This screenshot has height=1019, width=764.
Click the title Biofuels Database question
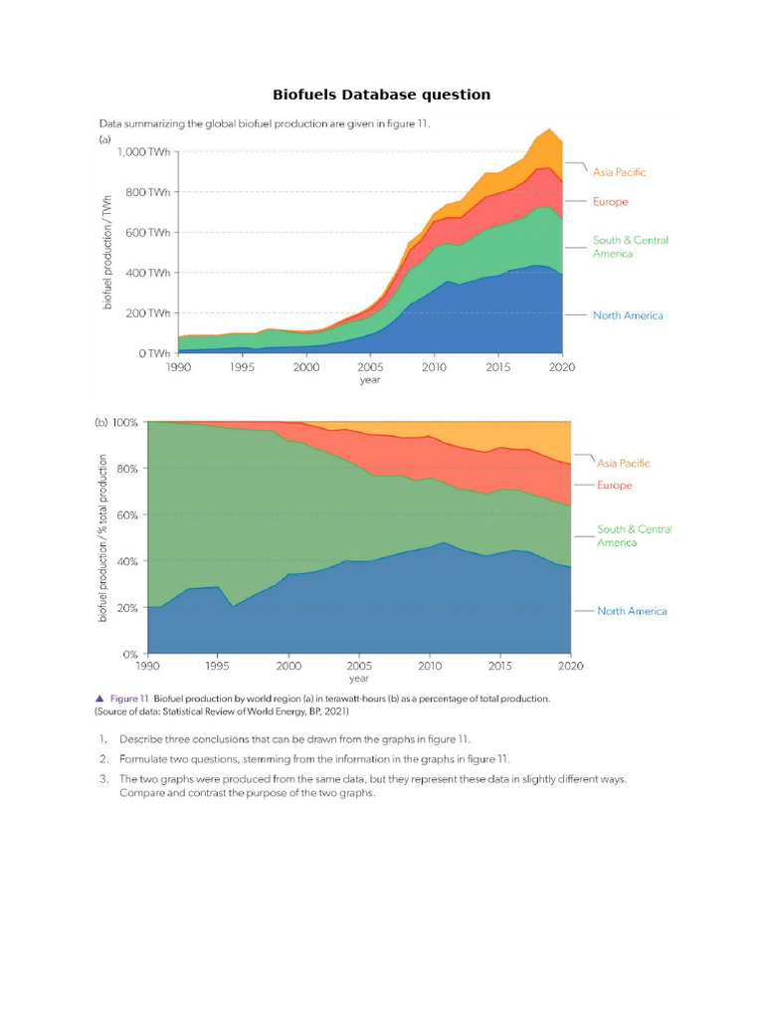tap(382, 95)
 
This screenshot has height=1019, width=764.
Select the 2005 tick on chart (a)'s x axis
tap(370, 367)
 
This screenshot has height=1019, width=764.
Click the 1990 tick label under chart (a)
tap(179, 367)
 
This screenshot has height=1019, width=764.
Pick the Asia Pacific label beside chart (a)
tap(619, 172)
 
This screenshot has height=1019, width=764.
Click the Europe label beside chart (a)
tap(612, 202)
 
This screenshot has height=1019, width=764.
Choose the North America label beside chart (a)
tap(627, 315)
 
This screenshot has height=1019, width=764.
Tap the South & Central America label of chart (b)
tap(634, 535)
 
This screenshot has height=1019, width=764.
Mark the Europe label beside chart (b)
tap(615, 486)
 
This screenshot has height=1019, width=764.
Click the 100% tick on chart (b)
tap(124, 422)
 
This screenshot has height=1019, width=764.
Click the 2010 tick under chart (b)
tap(429, 666)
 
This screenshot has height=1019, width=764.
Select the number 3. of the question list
tap(102, 779)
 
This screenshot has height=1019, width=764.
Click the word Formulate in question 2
tap(145, 759)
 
